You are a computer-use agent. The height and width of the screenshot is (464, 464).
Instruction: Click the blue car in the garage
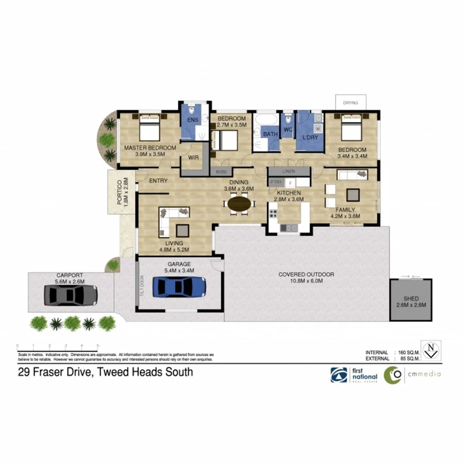179,286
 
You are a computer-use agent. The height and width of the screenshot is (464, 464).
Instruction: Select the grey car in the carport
70,295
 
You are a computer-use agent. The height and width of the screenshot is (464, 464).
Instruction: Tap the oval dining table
240,204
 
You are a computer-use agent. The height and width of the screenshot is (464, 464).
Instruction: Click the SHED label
411,299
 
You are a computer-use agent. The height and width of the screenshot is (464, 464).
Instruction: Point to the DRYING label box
351,103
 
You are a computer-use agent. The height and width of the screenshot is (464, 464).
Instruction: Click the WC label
288,129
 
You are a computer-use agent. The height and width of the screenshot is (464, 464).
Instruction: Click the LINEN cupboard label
288,171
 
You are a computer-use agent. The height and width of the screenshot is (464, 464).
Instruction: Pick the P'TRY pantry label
275,183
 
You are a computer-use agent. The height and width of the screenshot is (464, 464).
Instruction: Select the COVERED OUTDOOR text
306,275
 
